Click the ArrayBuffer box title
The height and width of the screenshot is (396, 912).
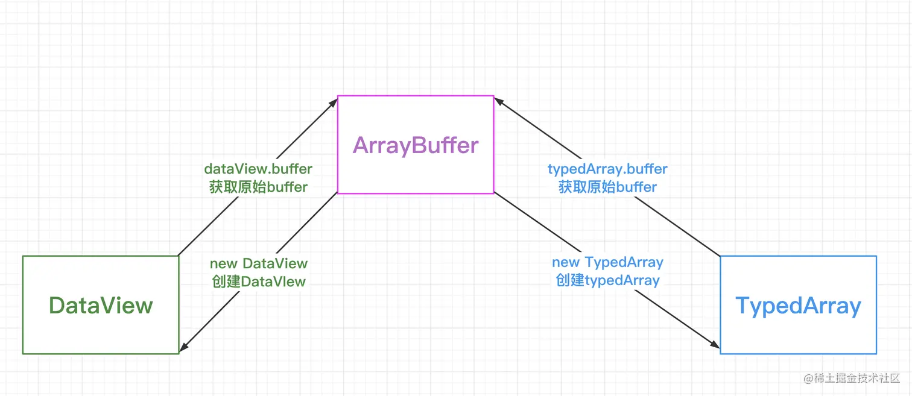[416, 145]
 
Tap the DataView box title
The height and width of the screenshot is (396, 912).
[101, 306]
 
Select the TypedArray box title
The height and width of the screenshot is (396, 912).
[798, 306]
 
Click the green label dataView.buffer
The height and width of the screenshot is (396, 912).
[258, 169]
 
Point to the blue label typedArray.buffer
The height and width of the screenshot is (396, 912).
[607, 169]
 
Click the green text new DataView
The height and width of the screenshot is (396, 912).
[258, 263]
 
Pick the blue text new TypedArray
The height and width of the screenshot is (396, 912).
[607, 262]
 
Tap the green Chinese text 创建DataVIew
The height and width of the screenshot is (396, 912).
[258, 281]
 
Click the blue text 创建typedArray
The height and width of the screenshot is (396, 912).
[607, 280]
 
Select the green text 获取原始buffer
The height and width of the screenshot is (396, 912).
[258, 187]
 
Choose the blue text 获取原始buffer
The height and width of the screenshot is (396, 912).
[607, 187]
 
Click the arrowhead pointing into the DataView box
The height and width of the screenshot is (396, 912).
[183, 348]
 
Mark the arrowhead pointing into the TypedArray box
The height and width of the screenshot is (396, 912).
[715, 345]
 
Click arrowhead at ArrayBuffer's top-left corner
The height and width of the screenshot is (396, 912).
[333, 101]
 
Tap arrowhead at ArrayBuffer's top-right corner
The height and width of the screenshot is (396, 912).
[499, 101]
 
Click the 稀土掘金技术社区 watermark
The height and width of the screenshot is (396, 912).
[851, 379]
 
